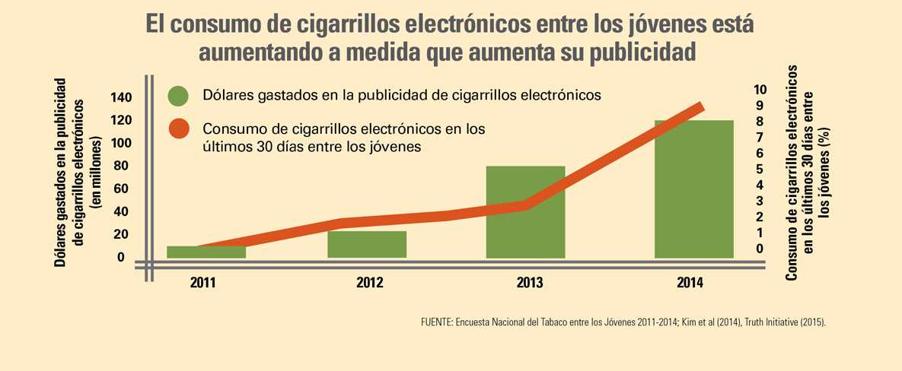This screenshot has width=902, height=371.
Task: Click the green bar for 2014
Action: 693,190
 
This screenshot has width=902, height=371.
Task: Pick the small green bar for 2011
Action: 195,252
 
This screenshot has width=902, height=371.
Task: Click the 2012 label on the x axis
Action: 369,283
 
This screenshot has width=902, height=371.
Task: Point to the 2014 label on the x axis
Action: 690,283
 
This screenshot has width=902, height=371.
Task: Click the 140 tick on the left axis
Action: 120,97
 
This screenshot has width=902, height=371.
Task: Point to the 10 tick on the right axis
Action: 760,90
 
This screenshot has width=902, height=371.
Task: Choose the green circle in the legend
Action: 178,96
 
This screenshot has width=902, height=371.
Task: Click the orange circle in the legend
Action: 178,129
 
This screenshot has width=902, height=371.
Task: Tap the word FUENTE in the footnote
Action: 436,322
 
